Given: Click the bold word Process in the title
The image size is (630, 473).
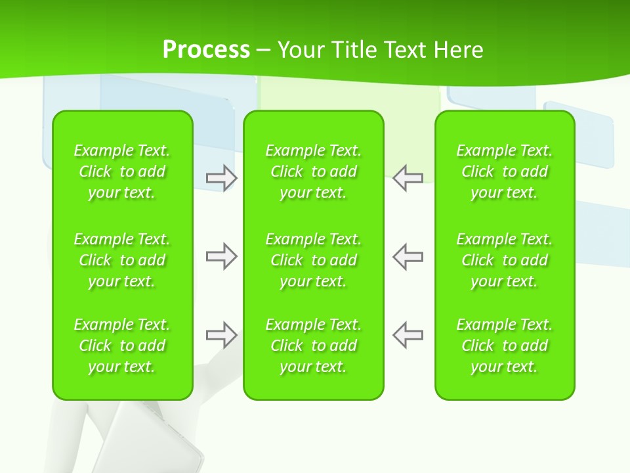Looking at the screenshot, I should click(x=206, y=50).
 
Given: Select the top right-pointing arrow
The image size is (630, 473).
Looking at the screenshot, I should click(x=221, y=177).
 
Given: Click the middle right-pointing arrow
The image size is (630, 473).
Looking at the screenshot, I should click(x=221, y=256).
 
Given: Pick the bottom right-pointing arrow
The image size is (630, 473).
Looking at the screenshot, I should click(x=221, y=335).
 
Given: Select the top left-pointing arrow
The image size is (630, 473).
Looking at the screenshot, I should click(x=408, y=177).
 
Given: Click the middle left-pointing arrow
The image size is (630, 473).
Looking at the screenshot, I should click(x=408, y=256).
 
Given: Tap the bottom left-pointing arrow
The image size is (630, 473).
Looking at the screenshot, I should click(x=408, y=335).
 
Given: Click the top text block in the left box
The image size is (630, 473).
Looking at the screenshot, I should click(x=122, y=171).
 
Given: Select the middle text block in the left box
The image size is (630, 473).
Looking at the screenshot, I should click(x=122, y=260).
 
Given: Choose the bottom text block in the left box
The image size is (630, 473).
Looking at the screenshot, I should click(x=122, y=346).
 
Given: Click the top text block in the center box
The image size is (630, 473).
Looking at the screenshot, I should click(x=313, y=171).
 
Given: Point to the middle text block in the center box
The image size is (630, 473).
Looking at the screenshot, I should click(x=313, y=260).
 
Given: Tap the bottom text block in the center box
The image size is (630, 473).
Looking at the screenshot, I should click(x=313, y=346).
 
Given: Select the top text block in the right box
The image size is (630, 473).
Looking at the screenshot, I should click(x=504, y=171).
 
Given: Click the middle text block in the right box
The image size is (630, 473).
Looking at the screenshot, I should click(x=504, y=260).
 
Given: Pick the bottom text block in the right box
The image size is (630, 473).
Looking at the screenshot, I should click(x=504, y=346).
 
